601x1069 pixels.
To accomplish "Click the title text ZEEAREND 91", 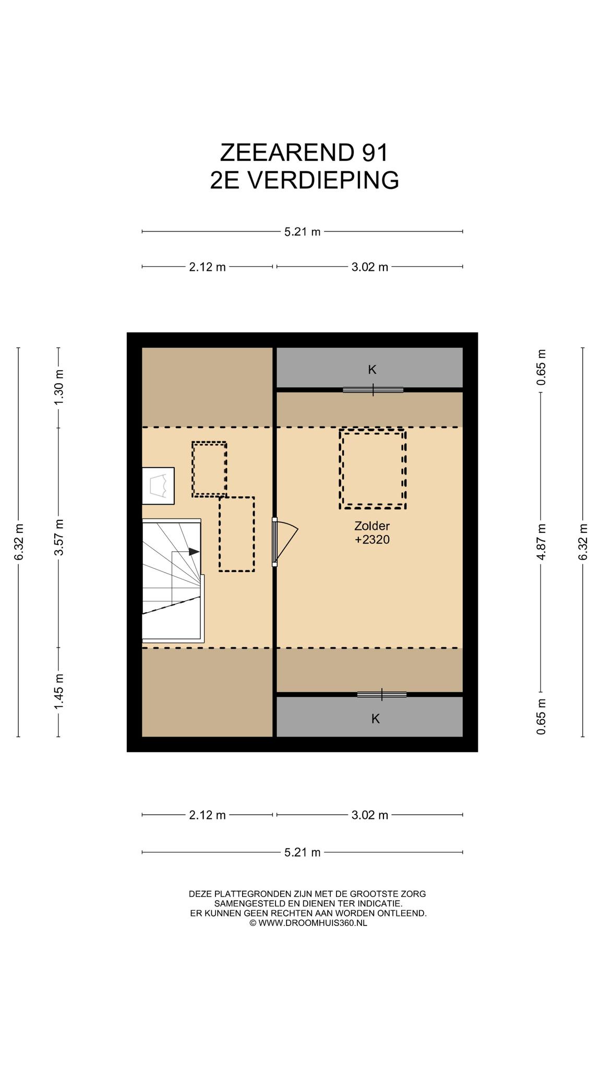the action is point(304,153).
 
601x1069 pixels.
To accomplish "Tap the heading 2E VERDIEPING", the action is point(305,180).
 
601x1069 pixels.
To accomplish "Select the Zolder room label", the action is point(372,526).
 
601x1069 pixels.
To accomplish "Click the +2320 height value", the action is point(372,540).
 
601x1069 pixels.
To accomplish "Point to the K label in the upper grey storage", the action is point(372,370).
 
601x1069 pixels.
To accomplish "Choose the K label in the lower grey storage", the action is point(375,719).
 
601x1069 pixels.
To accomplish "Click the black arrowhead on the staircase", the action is point(194,551).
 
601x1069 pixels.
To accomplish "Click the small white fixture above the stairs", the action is point(159,485).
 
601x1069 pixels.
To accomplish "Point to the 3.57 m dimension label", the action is point(59,538).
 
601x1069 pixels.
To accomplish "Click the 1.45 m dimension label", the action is point(59,692).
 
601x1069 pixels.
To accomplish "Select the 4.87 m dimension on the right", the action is point(542,542).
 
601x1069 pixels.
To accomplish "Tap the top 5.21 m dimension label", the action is point(302,232).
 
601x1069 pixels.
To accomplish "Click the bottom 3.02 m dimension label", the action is point(370,815).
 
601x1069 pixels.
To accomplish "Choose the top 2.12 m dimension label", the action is point(207,267).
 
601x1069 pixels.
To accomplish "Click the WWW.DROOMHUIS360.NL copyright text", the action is point(308,922).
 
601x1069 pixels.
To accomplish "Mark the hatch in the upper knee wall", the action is point(373,389).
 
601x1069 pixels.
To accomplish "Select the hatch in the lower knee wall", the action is point(382,694).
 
